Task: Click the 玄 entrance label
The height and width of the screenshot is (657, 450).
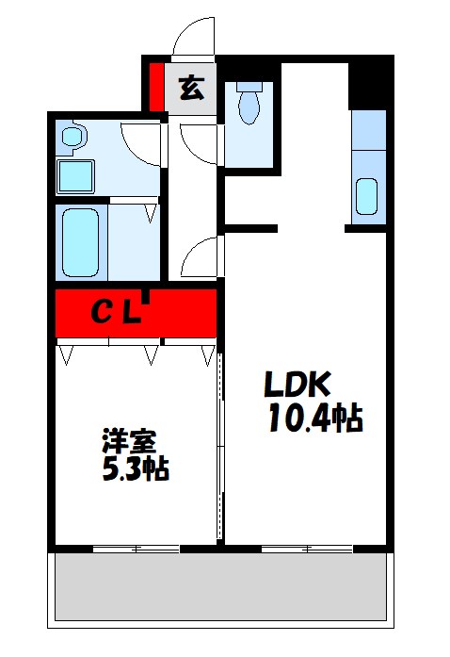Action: point(191,88)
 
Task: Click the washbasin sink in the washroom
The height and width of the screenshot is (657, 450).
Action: point(71,139)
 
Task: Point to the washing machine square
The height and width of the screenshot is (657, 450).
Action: point(74,176)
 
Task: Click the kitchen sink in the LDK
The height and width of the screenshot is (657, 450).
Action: point(367,196)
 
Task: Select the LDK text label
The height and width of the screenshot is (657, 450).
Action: point(297,386)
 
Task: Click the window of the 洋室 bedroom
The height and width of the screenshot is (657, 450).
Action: point(137,548)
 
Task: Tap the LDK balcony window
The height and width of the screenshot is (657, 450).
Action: point(306,548)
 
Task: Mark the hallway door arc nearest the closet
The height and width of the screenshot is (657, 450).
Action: point(201,256)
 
